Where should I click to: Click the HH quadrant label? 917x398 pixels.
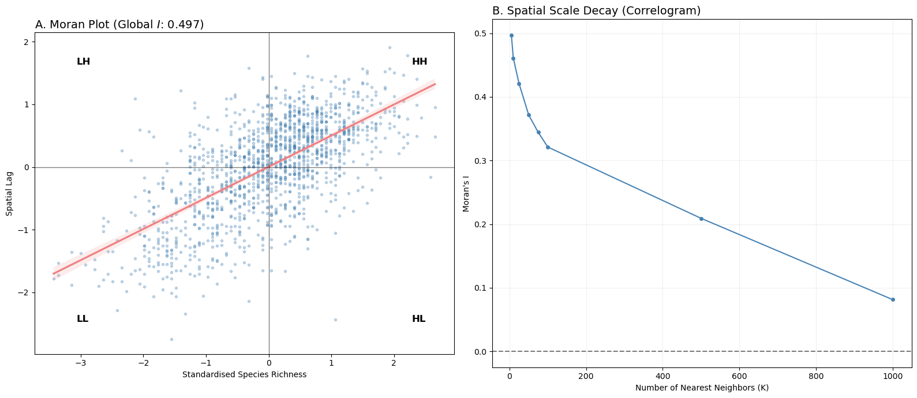(420, 62)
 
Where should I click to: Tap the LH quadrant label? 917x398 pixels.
(83, 62)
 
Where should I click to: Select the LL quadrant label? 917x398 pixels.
(83, 319)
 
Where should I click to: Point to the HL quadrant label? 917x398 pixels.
(418, 319)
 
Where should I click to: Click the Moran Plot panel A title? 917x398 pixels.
(119, 25)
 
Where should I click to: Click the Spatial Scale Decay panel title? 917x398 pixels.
(596, 11)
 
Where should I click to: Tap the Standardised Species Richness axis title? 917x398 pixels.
(244, 374)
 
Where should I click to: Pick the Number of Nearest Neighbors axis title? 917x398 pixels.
(702, 388)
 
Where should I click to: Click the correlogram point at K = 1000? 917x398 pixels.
(893, 299)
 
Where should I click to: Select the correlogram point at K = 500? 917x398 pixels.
(701, 219)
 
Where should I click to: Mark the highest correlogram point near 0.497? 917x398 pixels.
(511, 35)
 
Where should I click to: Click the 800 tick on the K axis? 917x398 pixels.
(816, 376)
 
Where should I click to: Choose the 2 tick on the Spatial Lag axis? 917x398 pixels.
(26, 42)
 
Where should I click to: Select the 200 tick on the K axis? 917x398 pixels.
(586, 376)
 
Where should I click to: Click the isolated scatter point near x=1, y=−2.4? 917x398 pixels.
(335, 320)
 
